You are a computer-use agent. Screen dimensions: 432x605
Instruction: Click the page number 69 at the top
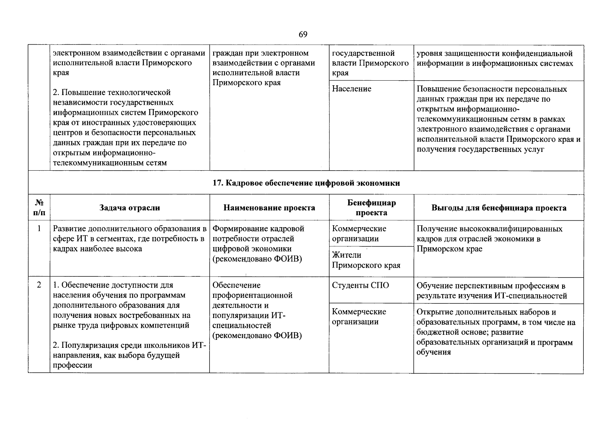tap(303, 34)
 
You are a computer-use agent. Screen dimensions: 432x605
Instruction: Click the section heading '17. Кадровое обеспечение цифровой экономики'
tap(306, 183)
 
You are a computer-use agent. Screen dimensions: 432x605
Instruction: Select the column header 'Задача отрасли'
tap(130, 208)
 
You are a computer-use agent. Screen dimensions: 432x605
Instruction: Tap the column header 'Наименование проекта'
tap(269, 208)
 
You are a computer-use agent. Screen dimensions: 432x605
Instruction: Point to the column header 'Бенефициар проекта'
tap(371, 208)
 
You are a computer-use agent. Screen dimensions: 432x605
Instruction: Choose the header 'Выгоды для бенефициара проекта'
tap(499, 208)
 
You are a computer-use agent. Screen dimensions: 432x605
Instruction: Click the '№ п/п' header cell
tap(39, 208)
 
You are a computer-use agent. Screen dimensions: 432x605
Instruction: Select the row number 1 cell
tap(39, 229)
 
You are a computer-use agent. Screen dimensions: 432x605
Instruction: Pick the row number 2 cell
tap(39, 285)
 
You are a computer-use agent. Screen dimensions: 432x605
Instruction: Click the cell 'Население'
tap(351, 89)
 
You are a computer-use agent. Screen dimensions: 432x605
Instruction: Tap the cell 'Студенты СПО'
tap(360, 285)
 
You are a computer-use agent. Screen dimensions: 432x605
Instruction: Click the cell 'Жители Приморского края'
tap(366, 260)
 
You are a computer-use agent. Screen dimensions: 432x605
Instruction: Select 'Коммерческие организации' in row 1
tap(359, 234)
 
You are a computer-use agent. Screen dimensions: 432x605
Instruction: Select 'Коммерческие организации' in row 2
tap(359, 317)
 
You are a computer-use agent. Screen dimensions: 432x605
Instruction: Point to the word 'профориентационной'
tap(252, 296)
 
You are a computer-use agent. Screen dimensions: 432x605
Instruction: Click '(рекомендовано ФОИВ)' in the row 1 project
tap(257, 259)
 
